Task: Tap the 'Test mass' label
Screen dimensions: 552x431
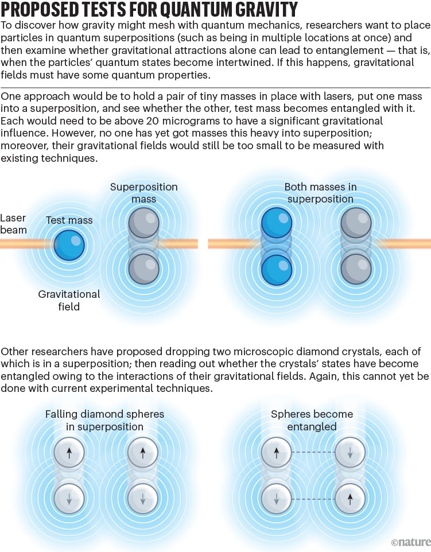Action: click(69, 220)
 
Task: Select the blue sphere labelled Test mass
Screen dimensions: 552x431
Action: click(69, 245)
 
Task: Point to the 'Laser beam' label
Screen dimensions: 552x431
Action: click(13, 224)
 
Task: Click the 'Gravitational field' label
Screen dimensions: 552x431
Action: click(69, 300)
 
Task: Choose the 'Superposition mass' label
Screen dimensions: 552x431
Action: click(143, 193)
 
